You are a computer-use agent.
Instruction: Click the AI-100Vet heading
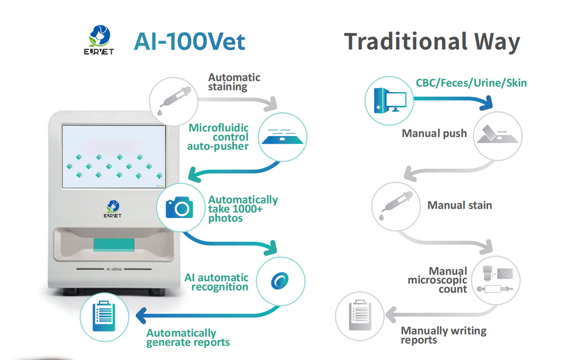coord(189,41)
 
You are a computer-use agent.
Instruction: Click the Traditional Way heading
coord(432,42)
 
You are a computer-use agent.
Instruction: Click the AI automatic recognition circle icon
coord(280,280)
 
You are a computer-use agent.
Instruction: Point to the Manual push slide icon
coord(498,134)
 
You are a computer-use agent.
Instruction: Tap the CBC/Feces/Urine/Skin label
coord(471,82)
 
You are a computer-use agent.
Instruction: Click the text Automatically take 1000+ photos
coord(243,209)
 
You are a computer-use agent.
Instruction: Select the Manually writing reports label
coord(443,335)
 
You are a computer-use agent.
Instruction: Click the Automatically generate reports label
coord(188,337)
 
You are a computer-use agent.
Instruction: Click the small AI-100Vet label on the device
coord(114,268)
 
